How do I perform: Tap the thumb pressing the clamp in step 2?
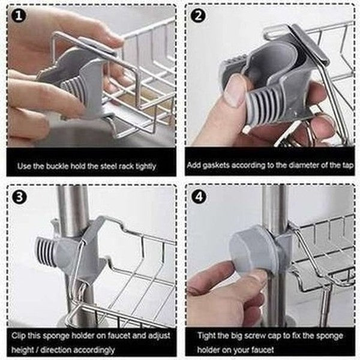click(235, 90)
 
